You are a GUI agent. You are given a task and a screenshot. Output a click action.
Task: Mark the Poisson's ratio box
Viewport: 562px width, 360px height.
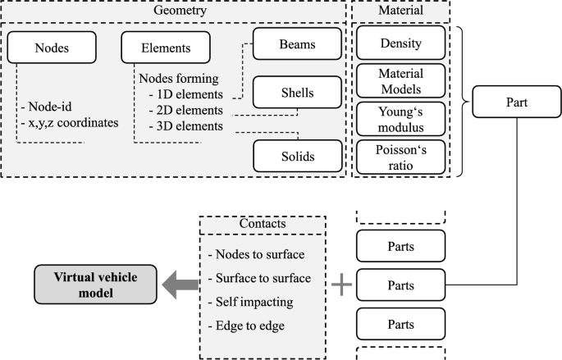401,155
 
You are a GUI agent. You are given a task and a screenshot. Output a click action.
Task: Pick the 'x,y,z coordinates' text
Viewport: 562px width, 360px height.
68,123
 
